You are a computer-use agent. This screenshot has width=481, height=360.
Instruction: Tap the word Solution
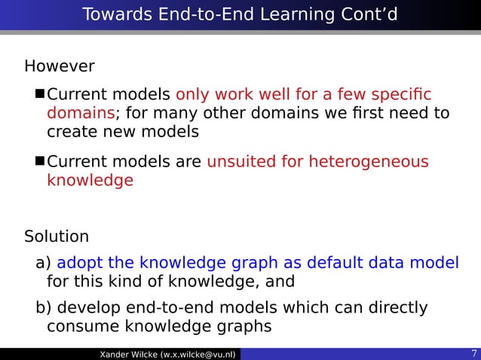57,236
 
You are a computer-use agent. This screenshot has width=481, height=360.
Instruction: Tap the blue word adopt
80,263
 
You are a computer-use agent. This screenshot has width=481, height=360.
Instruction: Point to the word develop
88,308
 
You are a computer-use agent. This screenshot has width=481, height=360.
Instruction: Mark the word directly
395,308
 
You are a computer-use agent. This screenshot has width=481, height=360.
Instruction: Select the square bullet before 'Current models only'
41,96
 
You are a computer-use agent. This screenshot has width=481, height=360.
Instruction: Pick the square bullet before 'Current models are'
41,162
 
